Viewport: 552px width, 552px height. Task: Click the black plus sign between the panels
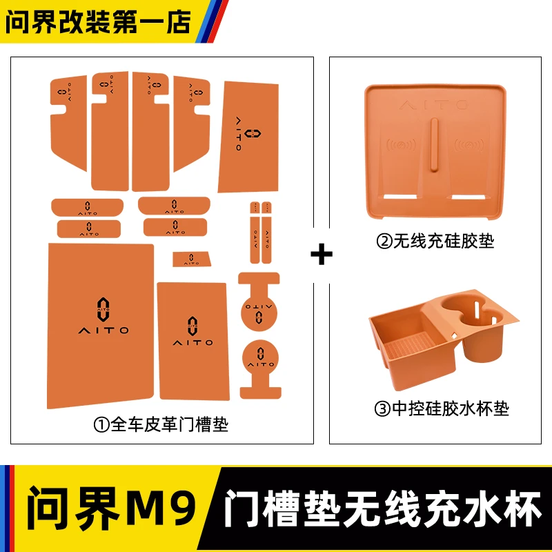[x=322, y=254]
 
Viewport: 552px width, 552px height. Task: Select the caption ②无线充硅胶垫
[x=435, y=241]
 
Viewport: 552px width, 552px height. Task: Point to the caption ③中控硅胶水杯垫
[x=442, y=408]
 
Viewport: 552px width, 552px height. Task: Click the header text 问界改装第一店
[x=98, y=22]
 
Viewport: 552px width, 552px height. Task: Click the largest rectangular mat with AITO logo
[x=101, y=324]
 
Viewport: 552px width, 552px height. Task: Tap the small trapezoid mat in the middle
[x=191, y=259]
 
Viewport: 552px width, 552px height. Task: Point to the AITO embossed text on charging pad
[x=433, y=104]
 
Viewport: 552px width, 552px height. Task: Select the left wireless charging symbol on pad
[x=400, y=146]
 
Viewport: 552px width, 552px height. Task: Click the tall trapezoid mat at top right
[x=248, y=136]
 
